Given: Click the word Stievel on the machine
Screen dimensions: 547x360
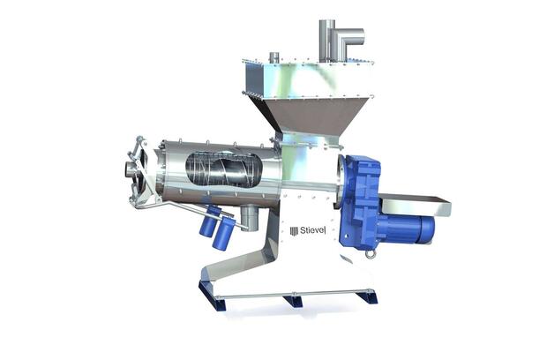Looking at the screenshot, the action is click(312, 230).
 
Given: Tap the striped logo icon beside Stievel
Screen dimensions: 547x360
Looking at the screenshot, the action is click(294, 230).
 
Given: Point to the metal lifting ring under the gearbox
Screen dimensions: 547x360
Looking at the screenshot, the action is click(370, 255).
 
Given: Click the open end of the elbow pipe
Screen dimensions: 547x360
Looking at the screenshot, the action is click(362, 37).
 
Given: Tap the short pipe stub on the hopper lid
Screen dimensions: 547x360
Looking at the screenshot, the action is click(274, 57).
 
